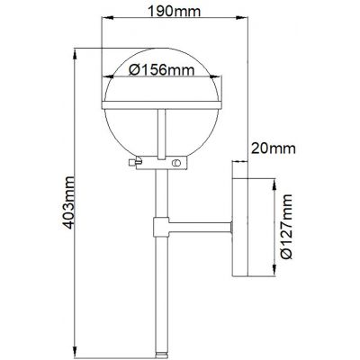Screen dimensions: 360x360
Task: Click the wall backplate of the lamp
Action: pyautogui.click(x=240, y=224)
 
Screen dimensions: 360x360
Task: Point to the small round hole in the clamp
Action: pyautogui.click(x=176, y=163)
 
